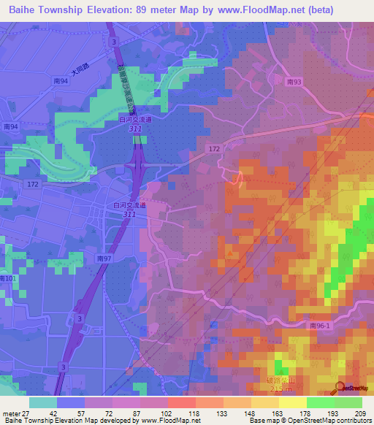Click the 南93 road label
point(294,83)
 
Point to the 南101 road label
point(7,278)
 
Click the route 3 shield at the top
point(114,43)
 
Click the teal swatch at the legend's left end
point(43,402)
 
